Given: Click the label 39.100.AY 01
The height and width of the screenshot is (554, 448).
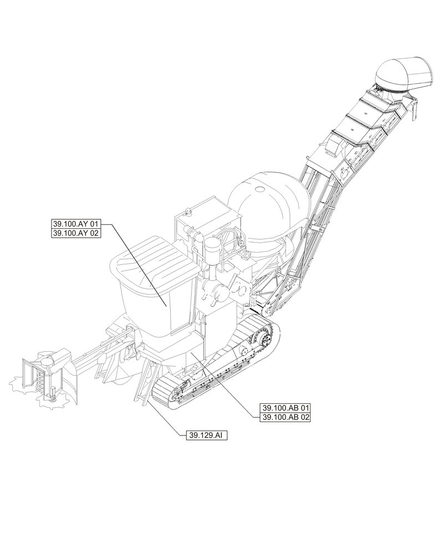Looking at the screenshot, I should click(x=75, y=224).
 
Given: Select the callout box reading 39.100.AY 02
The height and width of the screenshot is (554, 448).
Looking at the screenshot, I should click(x=75, y=234).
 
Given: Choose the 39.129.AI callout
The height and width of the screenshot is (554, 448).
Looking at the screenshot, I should click(x=206, y=435).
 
